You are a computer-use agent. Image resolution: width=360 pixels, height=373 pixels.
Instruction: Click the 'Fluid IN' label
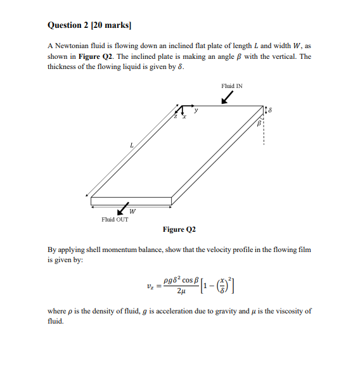(x=231, y=85)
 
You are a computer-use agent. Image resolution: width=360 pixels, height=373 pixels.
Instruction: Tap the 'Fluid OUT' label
(x=115, y=220)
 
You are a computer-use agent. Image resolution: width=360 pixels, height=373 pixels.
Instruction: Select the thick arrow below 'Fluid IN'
(x=226, y=97)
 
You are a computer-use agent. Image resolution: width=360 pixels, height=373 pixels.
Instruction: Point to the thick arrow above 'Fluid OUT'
(x=122, y=210)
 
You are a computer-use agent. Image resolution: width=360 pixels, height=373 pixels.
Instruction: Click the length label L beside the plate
(x=131, y=146)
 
